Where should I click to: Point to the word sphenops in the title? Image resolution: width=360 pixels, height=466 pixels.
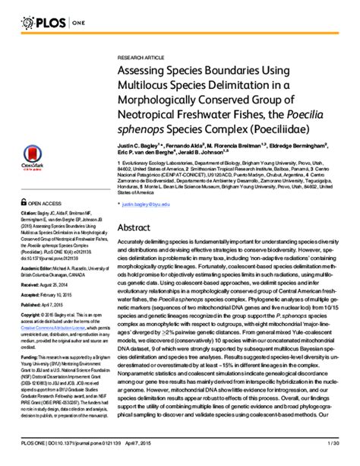pos(147,128)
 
